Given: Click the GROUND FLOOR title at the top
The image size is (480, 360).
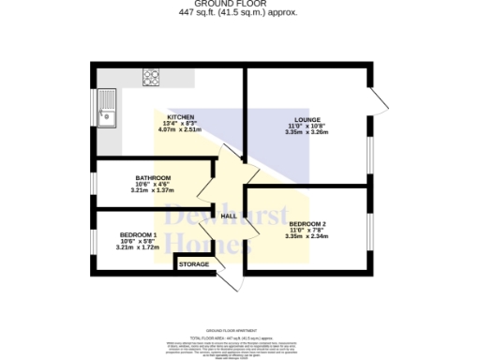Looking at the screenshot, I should (239, 5).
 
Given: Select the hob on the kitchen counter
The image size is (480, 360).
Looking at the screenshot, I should (152, 76).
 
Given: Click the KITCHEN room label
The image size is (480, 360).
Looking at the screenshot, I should (180, 117).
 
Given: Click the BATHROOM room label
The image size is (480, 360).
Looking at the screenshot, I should (152, 177).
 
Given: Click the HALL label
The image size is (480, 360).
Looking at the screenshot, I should (228, 217).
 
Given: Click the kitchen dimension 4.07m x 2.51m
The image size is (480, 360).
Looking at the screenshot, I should (180, 130).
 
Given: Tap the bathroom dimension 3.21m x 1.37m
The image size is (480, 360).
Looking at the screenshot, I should (152, 190).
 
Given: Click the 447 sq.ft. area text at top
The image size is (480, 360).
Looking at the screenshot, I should (239, 13).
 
